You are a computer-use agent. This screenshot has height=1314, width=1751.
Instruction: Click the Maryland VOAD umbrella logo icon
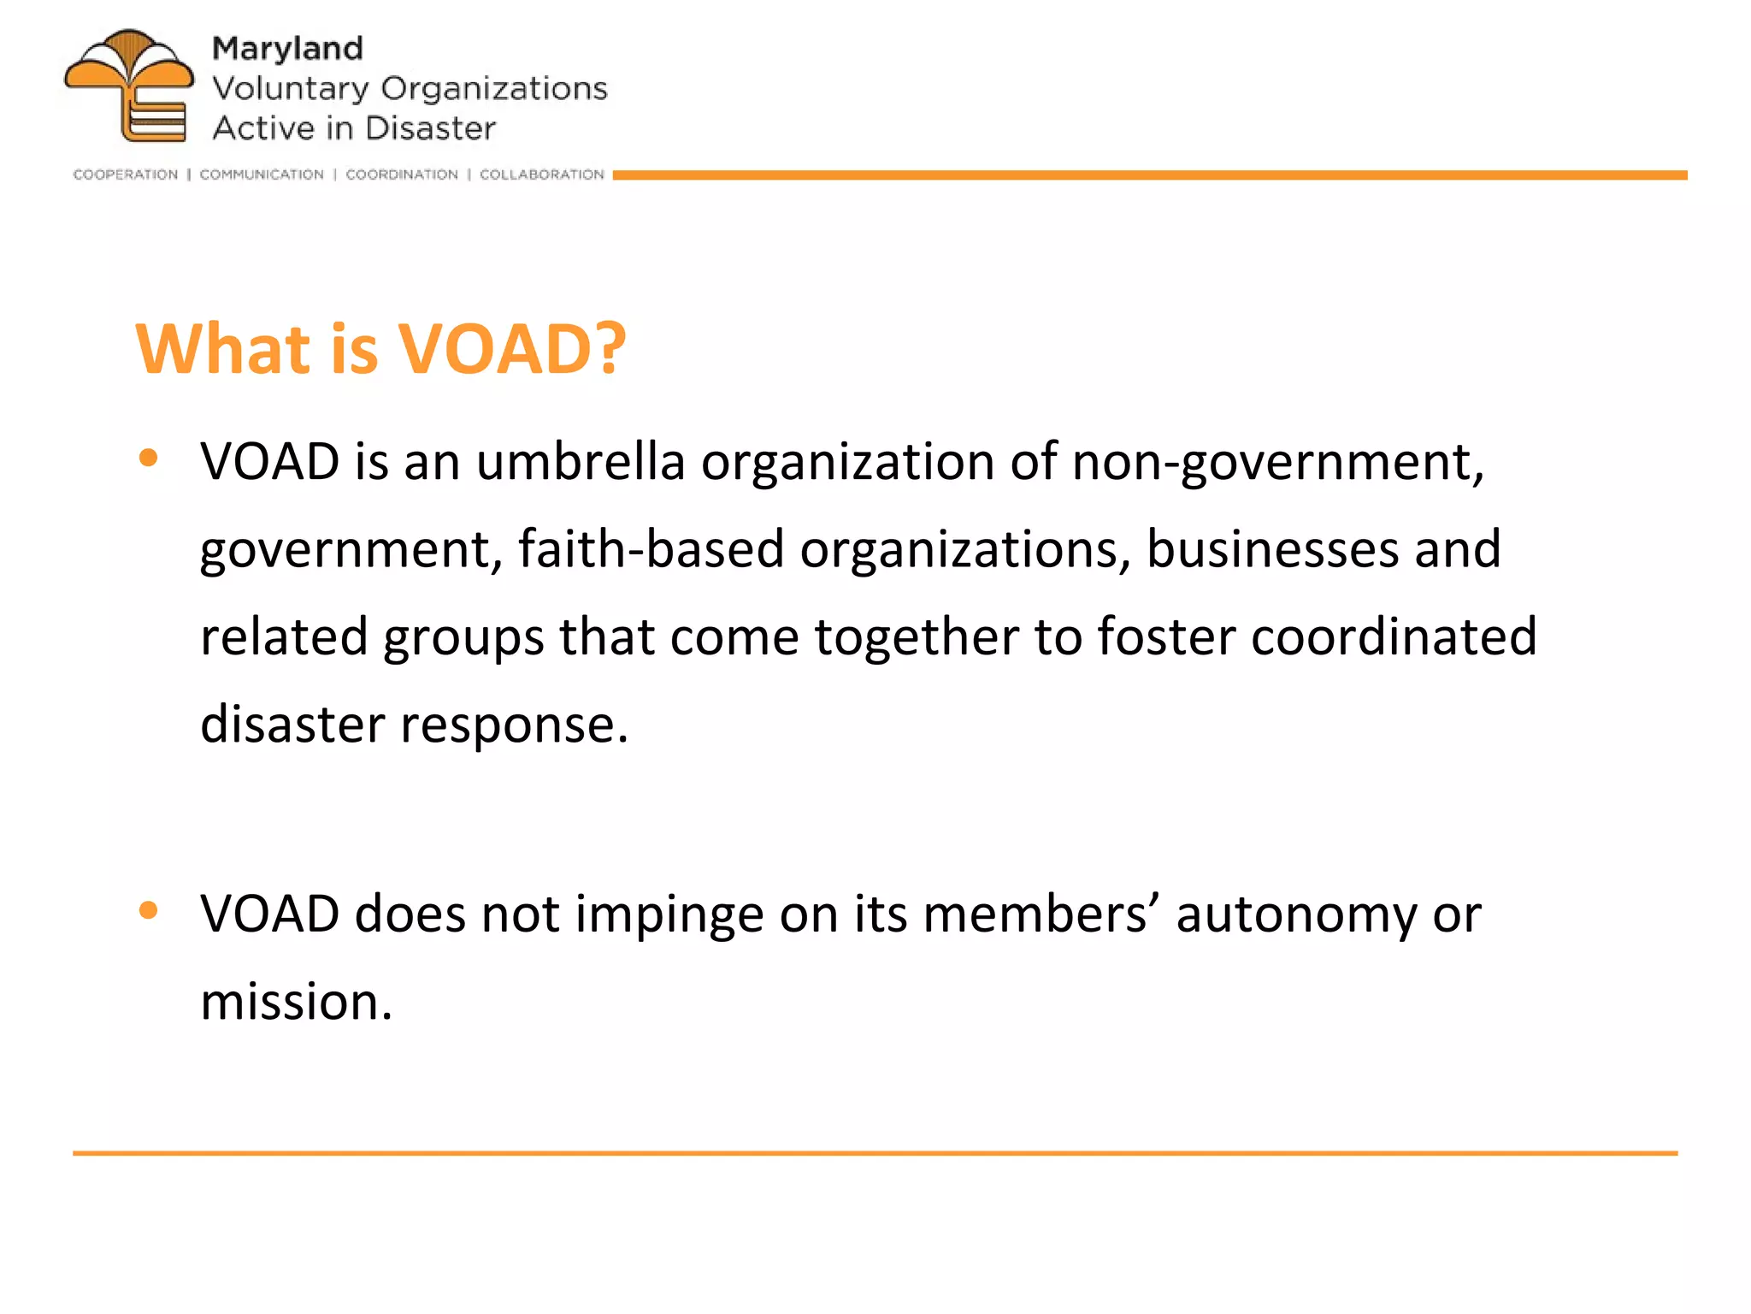point(129,86)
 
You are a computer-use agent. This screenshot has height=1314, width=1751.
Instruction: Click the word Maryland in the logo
point(287,49)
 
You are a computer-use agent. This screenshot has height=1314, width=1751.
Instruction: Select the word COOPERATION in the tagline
point(126,175)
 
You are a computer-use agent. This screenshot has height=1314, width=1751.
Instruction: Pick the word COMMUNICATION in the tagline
point(262,175)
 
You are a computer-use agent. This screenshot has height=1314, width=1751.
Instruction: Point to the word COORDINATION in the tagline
point(402,175)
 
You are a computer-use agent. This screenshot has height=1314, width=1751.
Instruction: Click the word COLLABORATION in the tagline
point(542,175)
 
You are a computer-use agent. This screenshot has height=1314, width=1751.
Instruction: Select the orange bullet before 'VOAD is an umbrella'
point(149,459)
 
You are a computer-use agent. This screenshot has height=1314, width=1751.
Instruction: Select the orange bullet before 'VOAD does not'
point(149,910)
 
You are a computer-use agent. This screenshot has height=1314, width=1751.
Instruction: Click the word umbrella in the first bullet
point(581,462)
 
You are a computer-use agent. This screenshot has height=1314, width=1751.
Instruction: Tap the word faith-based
point(651,549)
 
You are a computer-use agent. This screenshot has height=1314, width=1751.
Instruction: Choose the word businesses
point(1272,549)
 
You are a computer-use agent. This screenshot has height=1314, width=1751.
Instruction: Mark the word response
point(514,725)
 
